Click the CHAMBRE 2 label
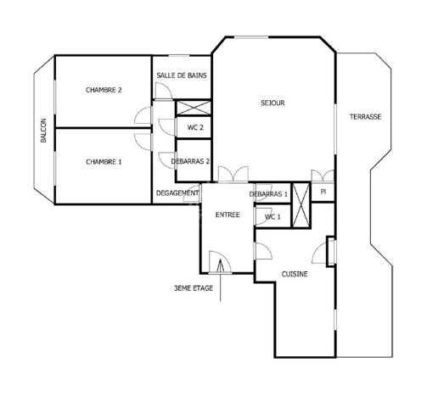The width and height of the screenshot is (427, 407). [x=104, y=90]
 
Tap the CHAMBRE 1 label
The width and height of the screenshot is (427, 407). [x=104, y=161]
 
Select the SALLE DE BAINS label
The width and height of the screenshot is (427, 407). [x=182, y=75]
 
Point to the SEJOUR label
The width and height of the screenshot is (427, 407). [x=272, y=103]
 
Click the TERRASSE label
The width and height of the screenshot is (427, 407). [x=365, y=117]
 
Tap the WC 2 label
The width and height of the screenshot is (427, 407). [x=195, y=128]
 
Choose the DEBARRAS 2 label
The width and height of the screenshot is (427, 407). [x=190, y=161]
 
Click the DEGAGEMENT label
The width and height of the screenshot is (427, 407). [x=177, y=193]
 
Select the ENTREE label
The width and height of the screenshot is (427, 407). [x=228, y=215]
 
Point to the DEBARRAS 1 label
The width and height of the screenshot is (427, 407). [x=269, y=194]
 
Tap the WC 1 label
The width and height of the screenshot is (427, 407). [x=272, y=217]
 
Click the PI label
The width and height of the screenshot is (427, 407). [x=323, y=192]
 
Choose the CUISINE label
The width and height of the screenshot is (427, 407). [x=295, y=274]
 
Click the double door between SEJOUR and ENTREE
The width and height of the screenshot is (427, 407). [x=232, y=174]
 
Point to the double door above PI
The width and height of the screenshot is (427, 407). [x=323, y=176]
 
